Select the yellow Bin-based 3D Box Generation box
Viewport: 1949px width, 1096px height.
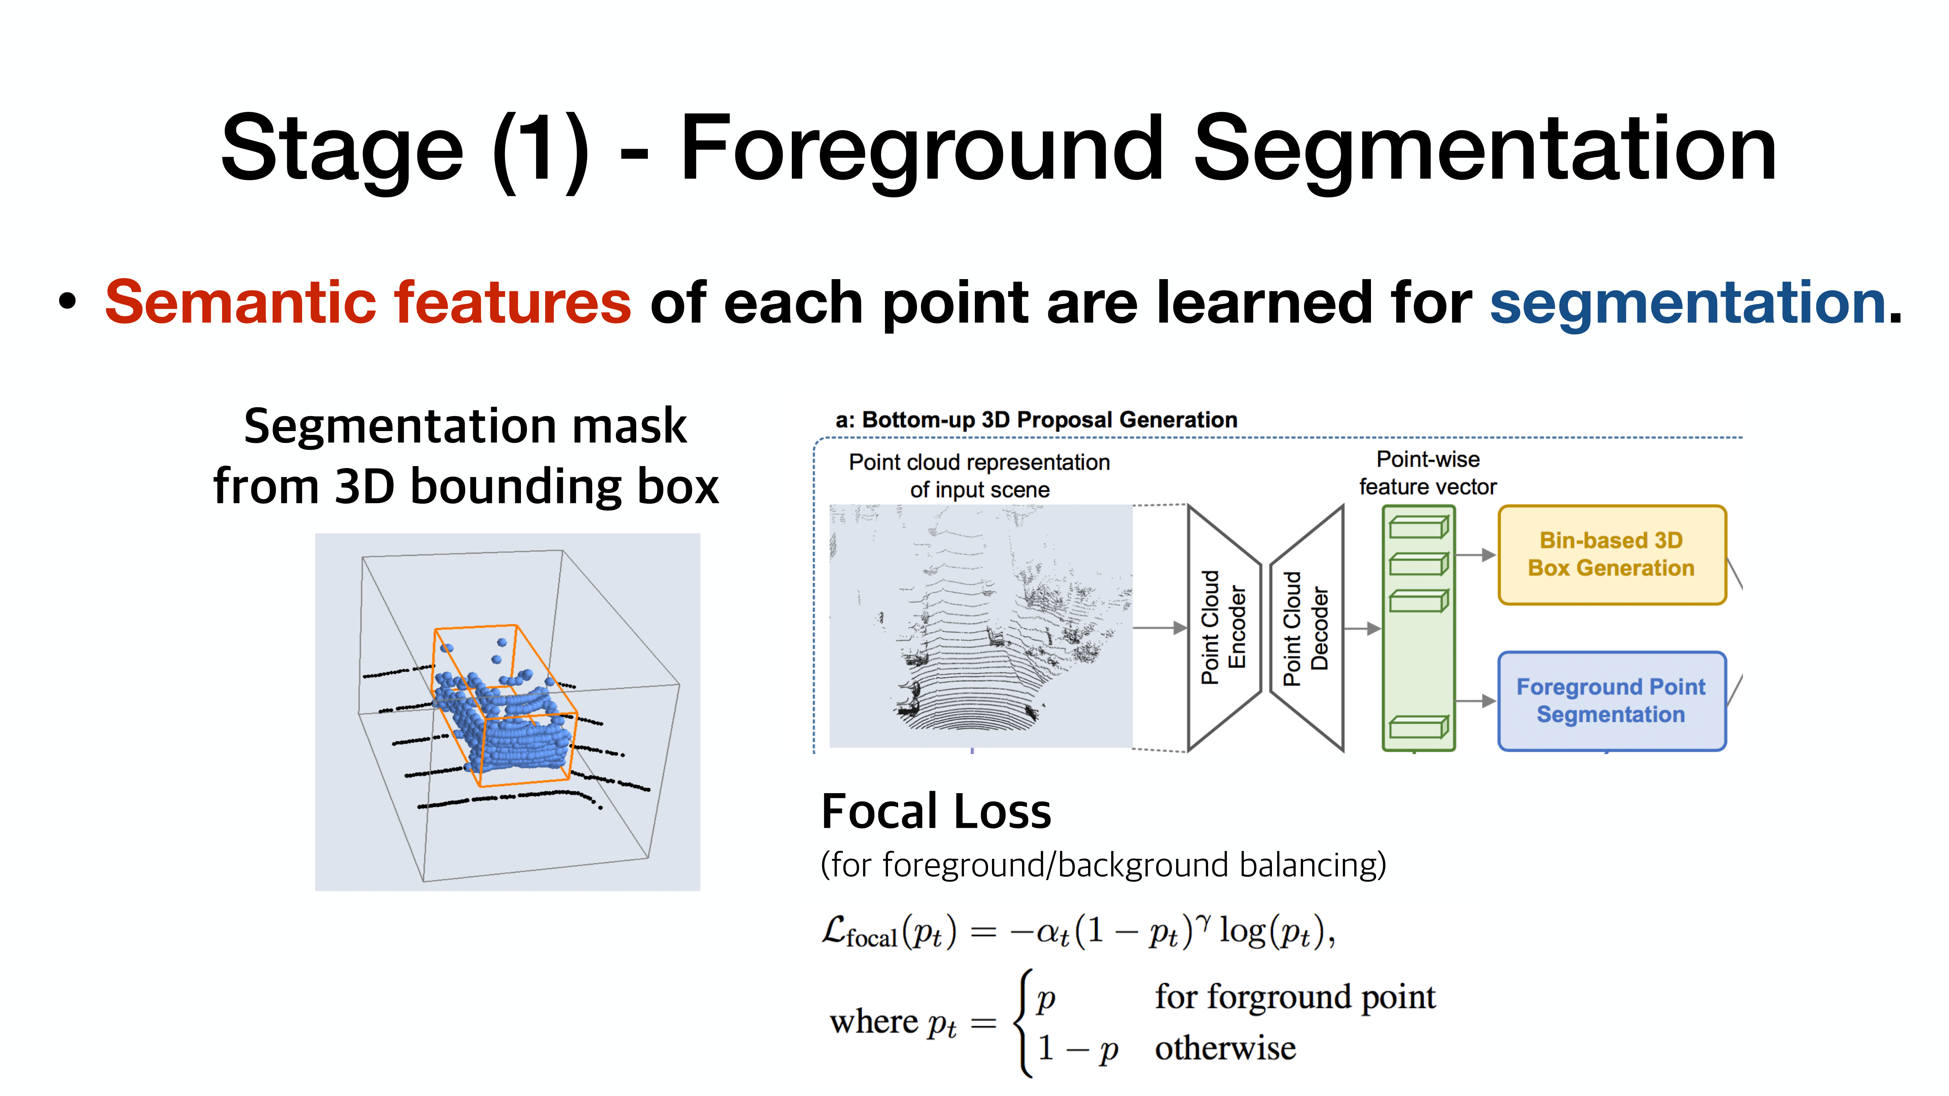[1611, 555]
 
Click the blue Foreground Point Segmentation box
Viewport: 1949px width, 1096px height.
[1611, 700]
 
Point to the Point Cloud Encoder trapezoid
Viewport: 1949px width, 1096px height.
[1223, 628]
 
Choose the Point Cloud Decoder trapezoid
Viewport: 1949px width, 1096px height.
[1307, 628]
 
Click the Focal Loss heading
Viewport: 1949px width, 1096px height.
[936, 812]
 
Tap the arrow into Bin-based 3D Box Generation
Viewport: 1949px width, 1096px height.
[1475, 555]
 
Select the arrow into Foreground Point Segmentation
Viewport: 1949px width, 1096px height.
[1475, 701]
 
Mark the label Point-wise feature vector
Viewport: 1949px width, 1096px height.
[1428, 473]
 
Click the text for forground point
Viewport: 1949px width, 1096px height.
[1295, 997]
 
